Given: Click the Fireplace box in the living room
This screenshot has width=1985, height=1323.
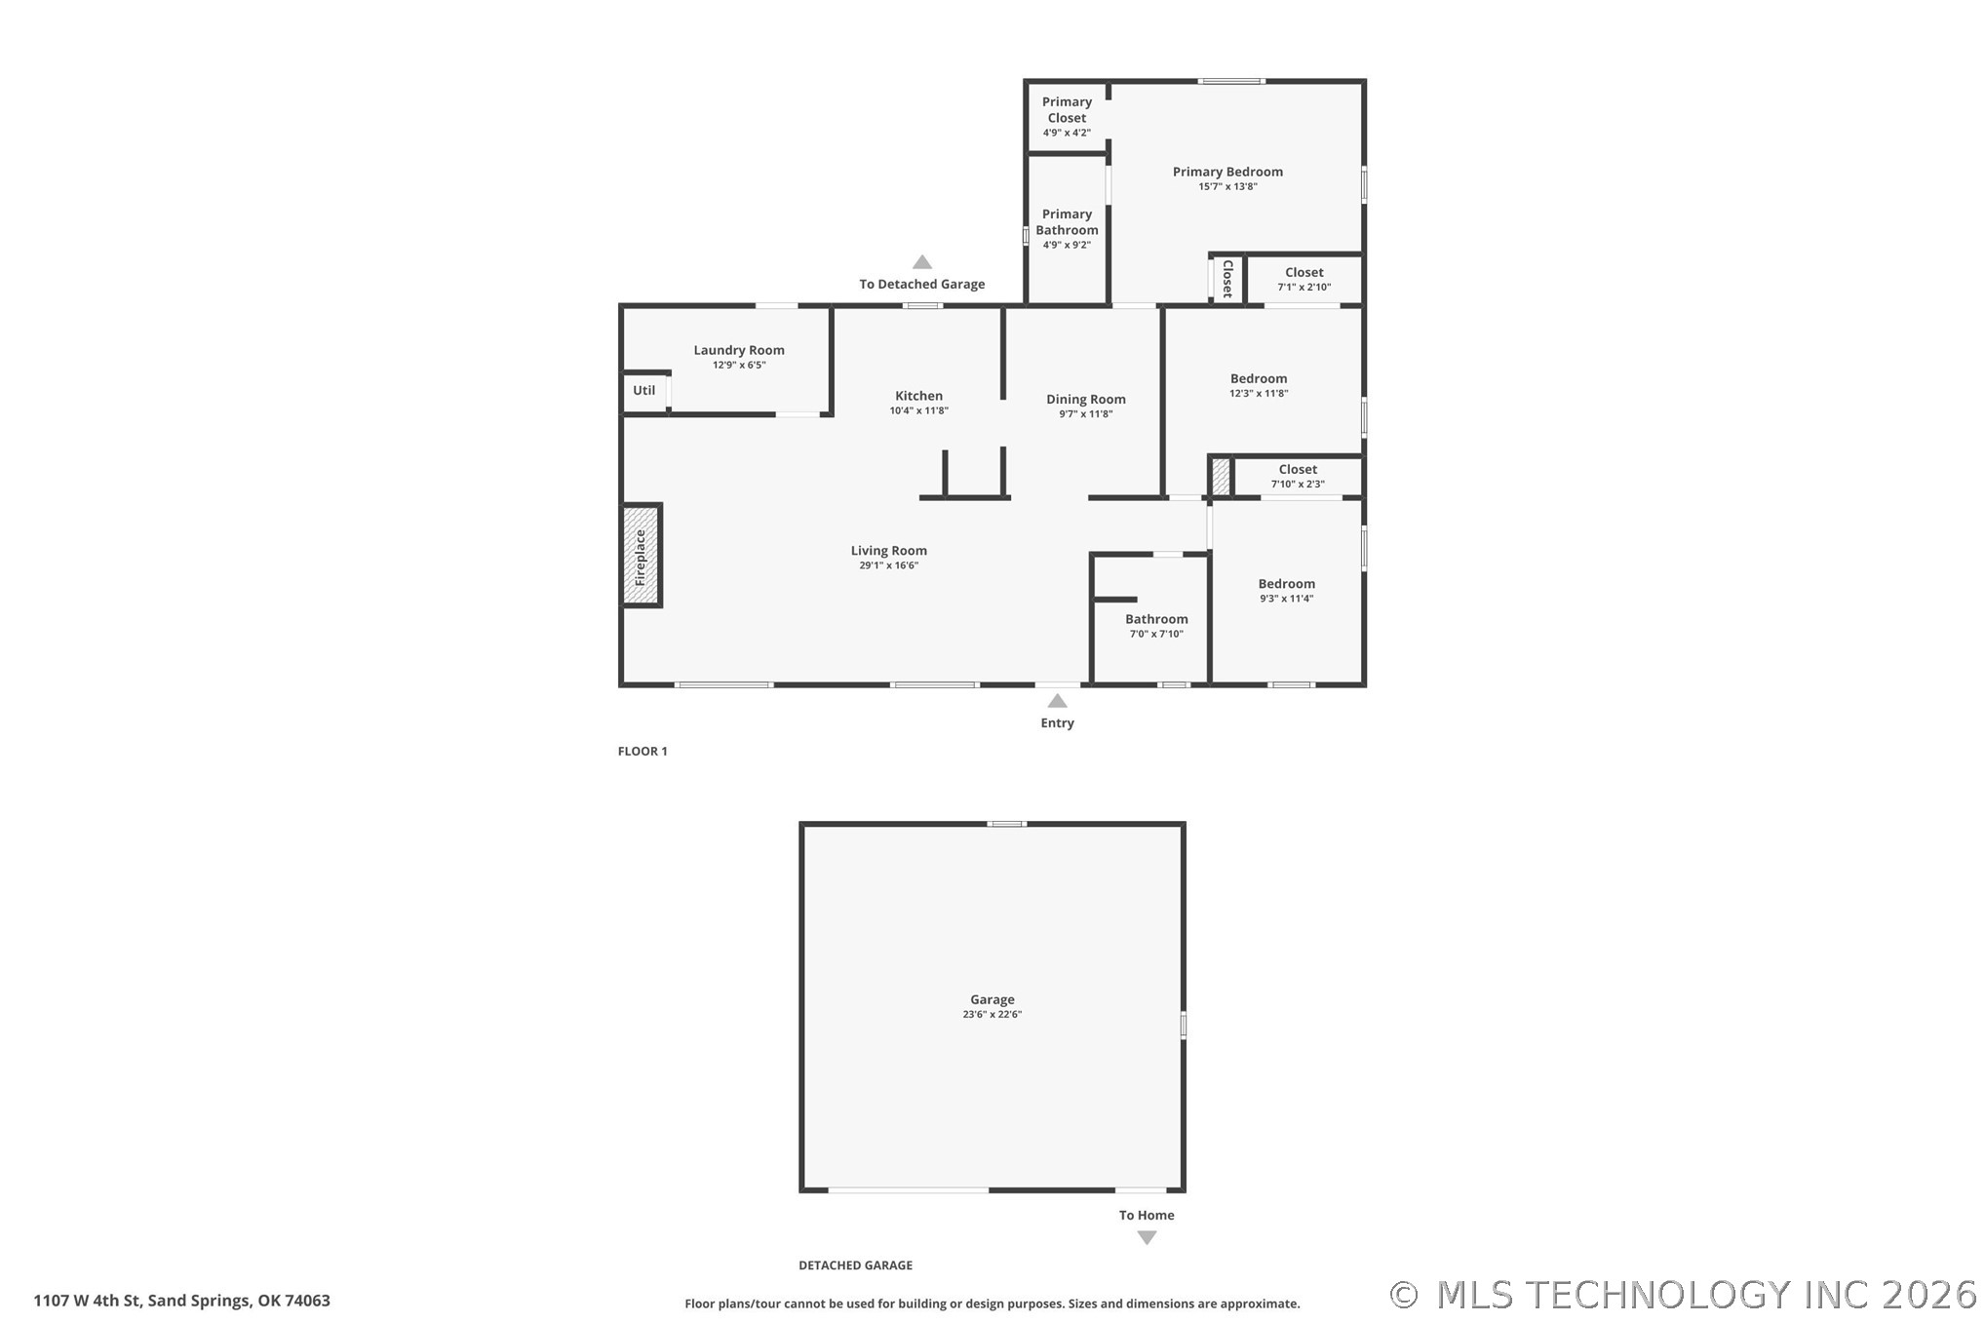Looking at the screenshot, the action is (642, 556).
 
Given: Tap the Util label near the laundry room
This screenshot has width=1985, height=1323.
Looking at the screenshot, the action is (644, 390).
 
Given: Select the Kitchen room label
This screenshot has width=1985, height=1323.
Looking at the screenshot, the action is (918, 396).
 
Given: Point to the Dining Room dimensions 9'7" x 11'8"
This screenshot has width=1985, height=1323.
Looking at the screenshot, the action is (1086, 414).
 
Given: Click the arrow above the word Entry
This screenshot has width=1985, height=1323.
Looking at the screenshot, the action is (1057, 701).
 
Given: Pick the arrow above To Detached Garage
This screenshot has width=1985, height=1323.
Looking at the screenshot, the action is (922, 262).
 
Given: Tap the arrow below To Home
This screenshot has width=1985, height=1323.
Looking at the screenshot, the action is (1148, 1237).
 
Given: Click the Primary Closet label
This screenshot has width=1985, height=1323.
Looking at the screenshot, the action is (1067, 109).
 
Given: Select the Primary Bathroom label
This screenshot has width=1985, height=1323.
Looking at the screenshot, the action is (1067, 222).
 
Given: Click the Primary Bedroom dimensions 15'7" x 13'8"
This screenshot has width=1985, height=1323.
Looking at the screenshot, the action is (1227, 186).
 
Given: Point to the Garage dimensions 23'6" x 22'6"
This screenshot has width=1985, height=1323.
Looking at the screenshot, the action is (992, 1015).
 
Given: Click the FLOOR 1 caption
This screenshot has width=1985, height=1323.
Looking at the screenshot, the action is (642, 751).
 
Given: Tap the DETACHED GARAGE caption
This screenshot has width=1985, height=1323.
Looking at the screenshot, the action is (856, 1265).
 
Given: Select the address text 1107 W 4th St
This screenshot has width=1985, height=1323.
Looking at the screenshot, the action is (88, 1301).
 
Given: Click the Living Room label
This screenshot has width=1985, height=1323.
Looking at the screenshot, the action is (888, 551).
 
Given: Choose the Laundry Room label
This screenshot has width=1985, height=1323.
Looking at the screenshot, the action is (739, 350).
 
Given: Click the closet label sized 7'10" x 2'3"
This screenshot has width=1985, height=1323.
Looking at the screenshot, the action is (1298, 469).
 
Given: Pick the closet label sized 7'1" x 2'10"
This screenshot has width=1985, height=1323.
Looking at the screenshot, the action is (1304, 273).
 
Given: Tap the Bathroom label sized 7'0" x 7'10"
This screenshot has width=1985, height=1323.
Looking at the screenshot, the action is (1156, 619).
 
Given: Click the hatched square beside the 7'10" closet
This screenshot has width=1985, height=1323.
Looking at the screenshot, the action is (1221, 477).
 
